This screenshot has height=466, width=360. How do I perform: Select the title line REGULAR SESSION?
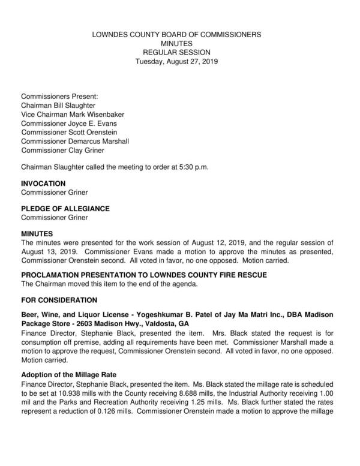176,53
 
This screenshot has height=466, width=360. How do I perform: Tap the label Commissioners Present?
59,96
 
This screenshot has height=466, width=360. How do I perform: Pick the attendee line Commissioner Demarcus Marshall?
75,141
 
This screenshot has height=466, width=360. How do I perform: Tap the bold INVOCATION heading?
43,183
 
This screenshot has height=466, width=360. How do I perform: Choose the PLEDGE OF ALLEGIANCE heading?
65,208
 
